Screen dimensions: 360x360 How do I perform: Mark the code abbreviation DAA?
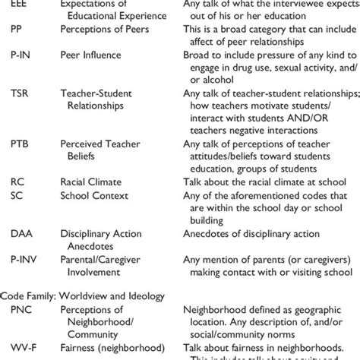pyautogui.click(x=21, y=233)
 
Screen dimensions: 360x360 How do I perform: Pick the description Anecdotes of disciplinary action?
pyautogui.click(x=251, y=233)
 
